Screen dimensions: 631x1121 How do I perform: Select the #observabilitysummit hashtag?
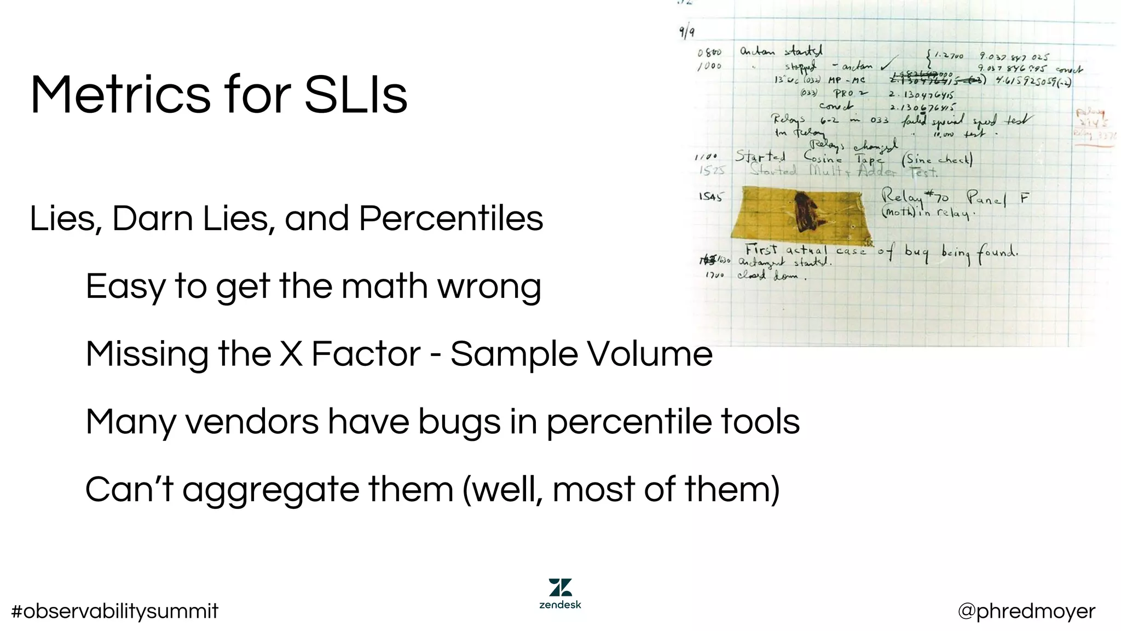tap(115, 611)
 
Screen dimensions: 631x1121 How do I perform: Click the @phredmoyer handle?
tap(1026, 611)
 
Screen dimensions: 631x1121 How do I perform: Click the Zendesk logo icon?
tap(560, 588)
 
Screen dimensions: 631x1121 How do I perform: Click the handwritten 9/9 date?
tap(687, 32)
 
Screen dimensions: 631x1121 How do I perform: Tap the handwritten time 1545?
tap(710, 196)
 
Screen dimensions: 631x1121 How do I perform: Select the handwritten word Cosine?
tap(823, 157)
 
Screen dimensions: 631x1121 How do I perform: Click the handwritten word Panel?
tap(986, 198)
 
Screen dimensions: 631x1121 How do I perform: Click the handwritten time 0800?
tap(709, 53)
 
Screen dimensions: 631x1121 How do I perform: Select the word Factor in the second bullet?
tap(366, 354)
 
